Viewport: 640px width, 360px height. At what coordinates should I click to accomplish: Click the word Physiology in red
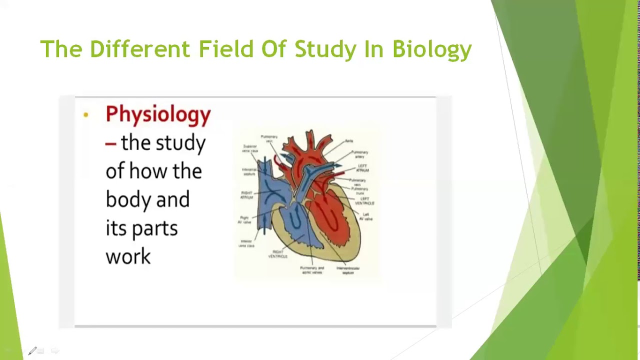[x=158, y=114]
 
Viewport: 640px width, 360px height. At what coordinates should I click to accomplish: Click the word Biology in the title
[x=432, y=49]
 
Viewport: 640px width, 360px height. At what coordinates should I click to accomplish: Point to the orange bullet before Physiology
[x=86, y=115]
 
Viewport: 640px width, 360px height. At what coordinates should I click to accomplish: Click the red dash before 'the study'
[x=110, y=143]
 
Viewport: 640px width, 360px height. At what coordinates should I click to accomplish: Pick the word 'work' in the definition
[x=128, y=256]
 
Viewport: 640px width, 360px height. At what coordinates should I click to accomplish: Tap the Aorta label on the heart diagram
[x=348, y=141]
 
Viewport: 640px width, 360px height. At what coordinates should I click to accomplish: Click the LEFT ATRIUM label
[x=362, y=168]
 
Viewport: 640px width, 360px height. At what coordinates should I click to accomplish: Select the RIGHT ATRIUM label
[x=247, y=195]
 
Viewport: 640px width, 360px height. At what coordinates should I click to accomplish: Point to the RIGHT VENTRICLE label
[x=278, y=254]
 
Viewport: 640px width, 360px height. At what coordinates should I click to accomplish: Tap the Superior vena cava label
[x=249, y=148]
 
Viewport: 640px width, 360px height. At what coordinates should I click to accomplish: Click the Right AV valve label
[x=245, y=219]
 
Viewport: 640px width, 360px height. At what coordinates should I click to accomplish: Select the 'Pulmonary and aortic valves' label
[x=312, y=270]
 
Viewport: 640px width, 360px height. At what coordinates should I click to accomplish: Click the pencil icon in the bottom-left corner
[x=32, y=351]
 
